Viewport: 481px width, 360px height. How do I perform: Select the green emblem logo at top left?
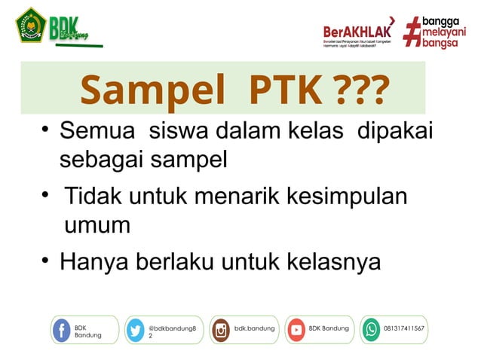pos(31,25)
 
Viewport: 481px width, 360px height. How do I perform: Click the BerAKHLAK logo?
pos(358,32)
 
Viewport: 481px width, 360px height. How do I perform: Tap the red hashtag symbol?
pos(412,32)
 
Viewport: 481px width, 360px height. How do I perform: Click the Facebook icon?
pos(62,330)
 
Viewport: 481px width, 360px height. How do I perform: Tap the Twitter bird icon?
pos(136,330)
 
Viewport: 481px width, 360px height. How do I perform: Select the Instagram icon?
pos(221,330)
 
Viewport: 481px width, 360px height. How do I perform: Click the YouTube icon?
pos(296,330)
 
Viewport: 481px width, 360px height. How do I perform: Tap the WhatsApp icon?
pos(371,330)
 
